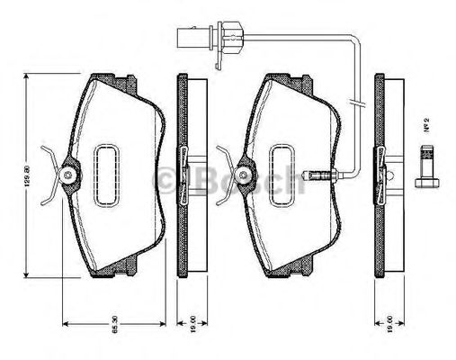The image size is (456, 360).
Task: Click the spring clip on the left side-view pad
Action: coord(185,173)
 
